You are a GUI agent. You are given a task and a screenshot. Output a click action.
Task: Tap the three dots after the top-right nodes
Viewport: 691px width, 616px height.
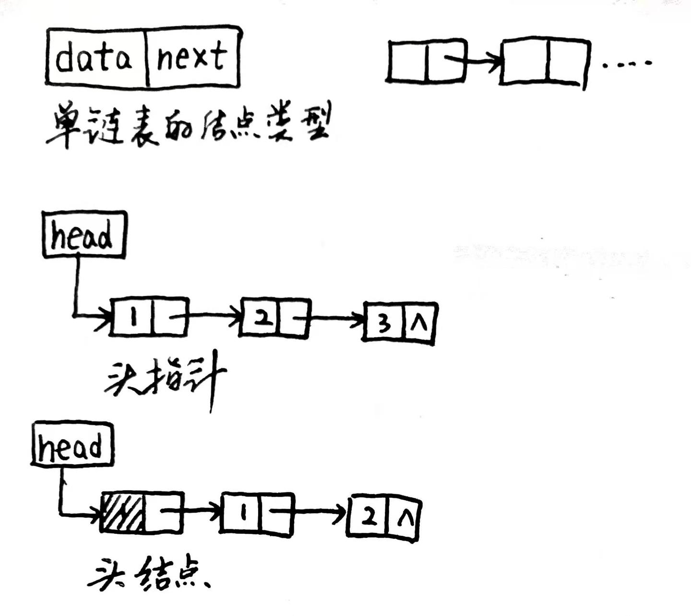coord(627,63)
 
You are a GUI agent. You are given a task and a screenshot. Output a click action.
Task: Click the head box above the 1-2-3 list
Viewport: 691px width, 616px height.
coord(83,235)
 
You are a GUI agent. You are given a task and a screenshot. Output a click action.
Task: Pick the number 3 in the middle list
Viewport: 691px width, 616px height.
coord(384,325)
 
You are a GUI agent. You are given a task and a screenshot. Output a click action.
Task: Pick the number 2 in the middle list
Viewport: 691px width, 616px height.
coord(262,318)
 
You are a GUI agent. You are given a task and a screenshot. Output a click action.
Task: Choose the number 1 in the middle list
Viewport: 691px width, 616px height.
coord(133,317)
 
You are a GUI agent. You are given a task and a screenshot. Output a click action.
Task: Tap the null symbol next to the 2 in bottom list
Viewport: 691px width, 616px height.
coord(404,519)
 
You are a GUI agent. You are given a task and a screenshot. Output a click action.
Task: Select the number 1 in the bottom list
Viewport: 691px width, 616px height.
coord(243,513)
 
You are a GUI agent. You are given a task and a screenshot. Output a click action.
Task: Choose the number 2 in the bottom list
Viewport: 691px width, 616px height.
coord(369,518)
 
